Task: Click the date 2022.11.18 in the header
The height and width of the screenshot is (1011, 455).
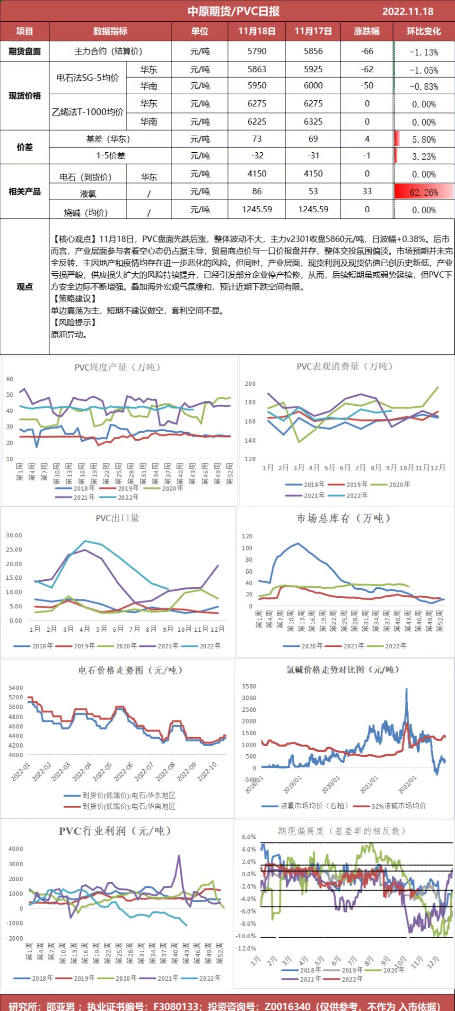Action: pyautogui.click(x=407, y=11)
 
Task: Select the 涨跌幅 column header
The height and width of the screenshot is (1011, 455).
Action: pyautogui.click(x=367, y=31)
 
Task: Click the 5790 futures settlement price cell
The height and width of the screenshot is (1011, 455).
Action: pyautogui.click(x=257, y=51)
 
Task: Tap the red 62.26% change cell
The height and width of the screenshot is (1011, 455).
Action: pyautogui.click(x=424, y=192)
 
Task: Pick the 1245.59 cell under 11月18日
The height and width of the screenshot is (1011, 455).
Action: pyautogui.click(x=257, y=209)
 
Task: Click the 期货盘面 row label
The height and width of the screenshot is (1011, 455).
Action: pyautogui.click(x=25, y=51)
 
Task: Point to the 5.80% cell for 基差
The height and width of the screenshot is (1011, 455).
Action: pyautogui.click(x=424, y=139)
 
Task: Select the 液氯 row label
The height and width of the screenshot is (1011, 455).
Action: pyautogui.click(x=88, y=193)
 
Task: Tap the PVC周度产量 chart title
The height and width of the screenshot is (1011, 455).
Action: pyautogui.click(x=118, y=367)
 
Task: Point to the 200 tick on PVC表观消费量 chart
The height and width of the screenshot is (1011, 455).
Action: pyautogui.click(x=250, y=383)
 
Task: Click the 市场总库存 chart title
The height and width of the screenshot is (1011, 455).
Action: pyautogui.click(x=344, y=518)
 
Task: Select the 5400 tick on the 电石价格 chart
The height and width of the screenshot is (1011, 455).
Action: pyautogui.click(x=16, y=688)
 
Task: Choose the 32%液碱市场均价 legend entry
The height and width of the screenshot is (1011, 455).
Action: pyautogui.click(x=398, y=805)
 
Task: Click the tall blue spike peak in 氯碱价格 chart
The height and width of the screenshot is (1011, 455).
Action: pyautogui.click(x=406, y=690)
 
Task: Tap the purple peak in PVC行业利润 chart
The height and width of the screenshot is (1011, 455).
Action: pyautogui.click(x=179, y=855)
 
